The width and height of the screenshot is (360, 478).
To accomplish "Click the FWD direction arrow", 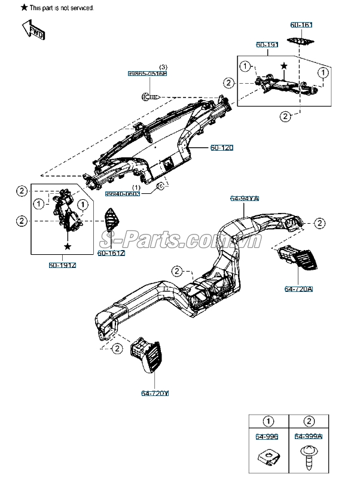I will coord(33,29).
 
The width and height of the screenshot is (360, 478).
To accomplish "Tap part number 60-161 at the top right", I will coord(301,25).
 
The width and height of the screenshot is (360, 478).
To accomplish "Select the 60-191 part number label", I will coord(267,45).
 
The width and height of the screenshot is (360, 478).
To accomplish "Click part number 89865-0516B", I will coord(147,73).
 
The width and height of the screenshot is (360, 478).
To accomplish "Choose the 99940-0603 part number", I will coord(123,194).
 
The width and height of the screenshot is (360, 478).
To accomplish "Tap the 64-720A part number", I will coord(298,289).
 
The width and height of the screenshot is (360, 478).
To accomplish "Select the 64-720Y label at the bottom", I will coord(154,393).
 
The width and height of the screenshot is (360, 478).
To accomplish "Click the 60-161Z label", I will coord(111,254).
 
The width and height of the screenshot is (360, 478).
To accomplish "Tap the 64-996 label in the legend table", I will coord(269,437).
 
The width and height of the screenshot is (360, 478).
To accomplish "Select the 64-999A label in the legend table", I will coord(309,437).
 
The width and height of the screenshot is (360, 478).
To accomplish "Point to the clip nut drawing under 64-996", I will coord(270,457).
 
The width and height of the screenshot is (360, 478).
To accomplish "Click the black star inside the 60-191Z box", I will coord(68,246).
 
